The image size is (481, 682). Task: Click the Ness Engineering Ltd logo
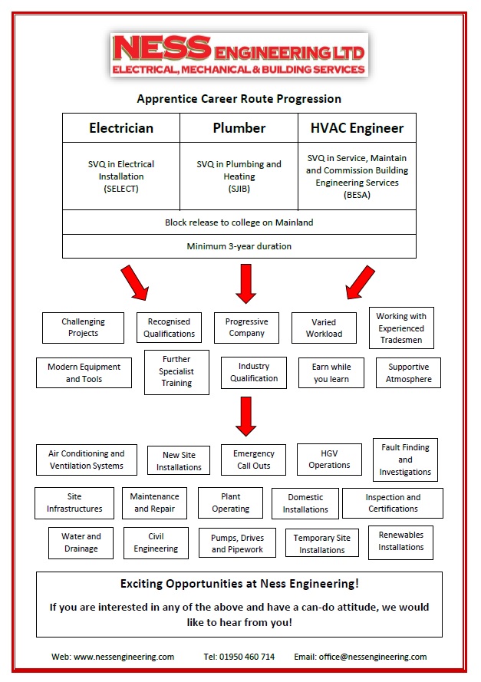(x=239, y=54)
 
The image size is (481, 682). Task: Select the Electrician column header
(x=121, y=128)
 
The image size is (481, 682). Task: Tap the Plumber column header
(x=239, y=128)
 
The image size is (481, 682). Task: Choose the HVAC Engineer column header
(x=357, y=128)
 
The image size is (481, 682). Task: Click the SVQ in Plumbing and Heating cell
(x=239, y=176)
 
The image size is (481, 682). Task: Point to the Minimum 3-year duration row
(x=239, y=246)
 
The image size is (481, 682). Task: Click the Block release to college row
(x=239, y=222)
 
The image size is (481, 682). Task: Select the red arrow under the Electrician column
(x=135, y=283)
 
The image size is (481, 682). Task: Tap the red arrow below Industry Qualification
(x=246, y=417)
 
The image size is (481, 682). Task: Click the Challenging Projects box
(x=83, y=328)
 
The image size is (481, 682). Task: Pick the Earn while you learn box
(x=331, y=373)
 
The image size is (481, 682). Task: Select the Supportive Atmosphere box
(x=408, y=373)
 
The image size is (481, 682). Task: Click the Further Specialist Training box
(x=176, y=372)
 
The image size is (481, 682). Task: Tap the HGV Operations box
(x=329, y=460)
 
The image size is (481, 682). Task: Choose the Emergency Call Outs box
(x=254, y=460)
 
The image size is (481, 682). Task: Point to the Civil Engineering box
(x=156, y=543)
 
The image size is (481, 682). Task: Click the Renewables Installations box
(x=400, y=542)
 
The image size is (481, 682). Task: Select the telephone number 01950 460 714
(x=247, y=657)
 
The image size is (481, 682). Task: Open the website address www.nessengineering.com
(x=124, y=657)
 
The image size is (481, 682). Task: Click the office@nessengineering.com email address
(x=373, y=657)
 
